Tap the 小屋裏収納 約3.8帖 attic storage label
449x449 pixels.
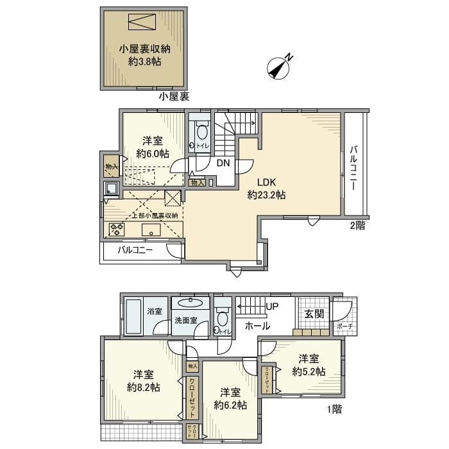144,55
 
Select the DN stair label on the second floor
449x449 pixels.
223,163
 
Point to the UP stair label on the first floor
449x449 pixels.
271,307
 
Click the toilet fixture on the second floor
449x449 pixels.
201,133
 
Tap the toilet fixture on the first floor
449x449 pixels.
223,318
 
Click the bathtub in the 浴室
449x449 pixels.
133,316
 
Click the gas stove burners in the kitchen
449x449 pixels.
117,228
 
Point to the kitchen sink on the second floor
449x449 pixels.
110,189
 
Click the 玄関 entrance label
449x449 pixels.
314,314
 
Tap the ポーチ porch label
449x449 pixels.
344,326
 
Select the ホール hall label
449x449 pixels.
257,326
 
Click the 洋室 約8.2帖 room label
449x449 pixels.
144,381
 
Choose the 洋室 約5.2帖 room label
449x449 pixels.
308,366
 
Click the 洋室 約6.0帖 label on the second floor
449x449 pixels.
153,148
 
